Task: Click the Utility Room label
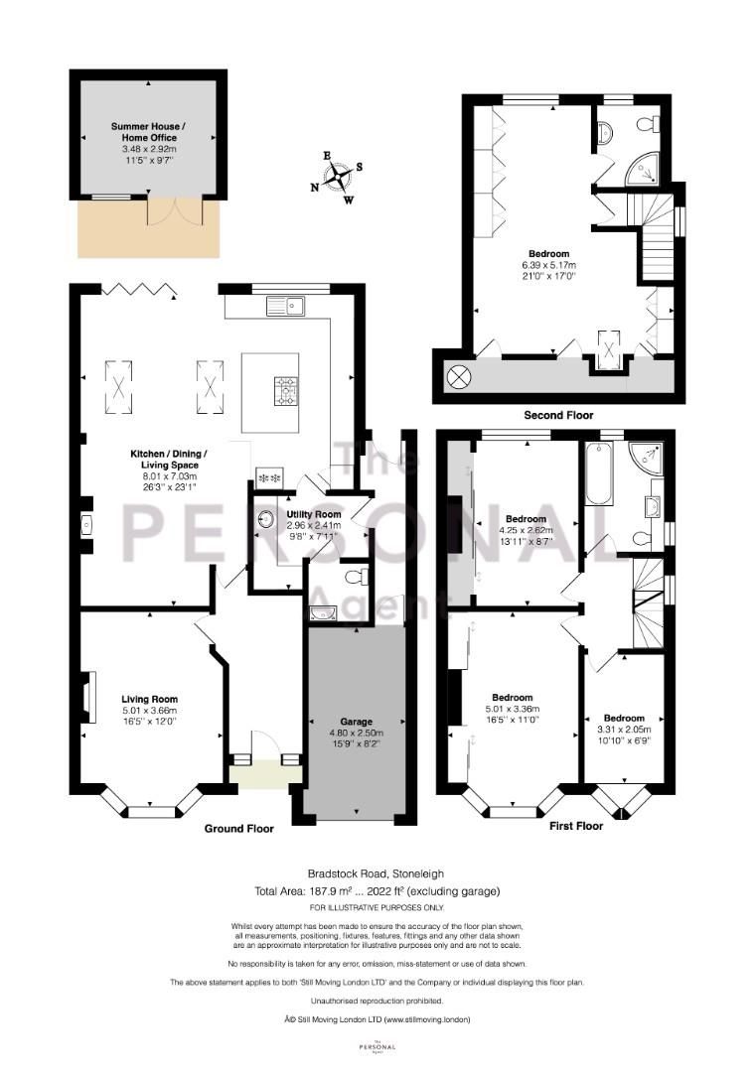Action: point(313,514)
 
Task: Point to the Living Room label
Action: point(149,697)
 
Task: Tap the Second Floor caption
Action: point(557,415)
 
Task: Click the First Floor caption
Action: point(575,825)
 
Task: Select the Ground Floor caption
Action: point(238,827)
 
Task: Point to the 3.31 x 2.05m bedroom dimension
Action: point(624,731)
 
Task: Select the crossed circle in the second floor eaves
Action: point(460,377)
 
